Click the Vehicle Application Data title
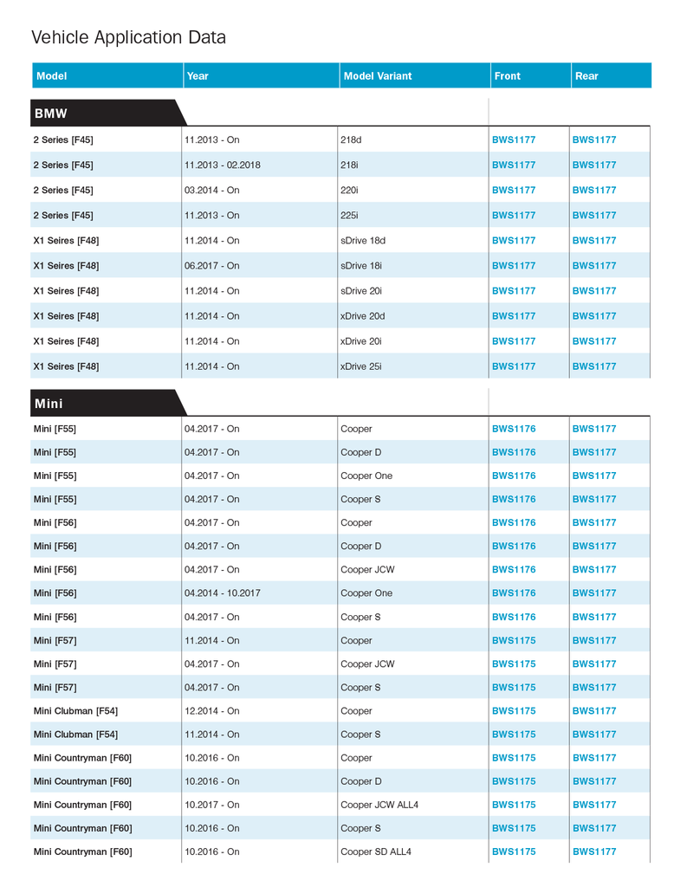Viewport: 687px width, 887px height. (x=128, y=37)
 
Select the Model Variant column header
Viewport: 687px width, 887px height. (x=377, y=76)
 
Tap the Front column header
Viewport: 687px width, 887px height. (x=507, y=76)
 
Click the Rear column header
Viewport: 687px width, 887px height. (x=587, y=76)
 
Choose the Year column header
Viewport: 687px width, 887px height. (x=198, y=76)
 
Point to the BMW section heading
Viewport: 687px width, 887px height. (x=51, y=113)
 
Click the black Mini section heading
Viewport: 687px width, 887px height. (x=49, y=403)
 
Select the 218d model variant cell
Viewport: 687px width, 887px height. (x=351, y=139)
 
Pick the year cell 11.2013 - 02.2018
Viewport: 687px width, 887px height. (x=222, y=165)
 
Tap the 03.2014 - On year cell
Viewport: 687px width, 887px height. (x=211, y=190)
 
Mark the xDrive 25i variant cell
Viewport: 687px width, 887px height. (x=360, y=366)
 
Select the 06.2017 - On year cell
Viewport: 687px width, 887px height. (x=211, y=266)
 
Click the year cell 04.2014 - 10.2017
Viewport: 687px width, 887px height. (x=222, y=593)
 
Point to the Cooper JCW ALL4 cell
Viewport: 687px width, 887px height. (x=379, y=805)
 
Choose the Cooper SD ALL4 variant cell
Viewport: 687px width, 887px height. (x=376, y=851)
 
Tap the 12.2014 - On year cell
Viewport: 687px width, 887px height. (x=211, y=711)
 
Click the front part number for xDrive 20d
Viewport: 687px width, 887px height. (x=514, y=316)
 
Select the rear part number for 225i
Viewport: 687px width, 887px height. (x=594, y=215)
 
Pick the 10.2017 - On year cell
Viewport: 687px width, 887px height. (x=211, y=805)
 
